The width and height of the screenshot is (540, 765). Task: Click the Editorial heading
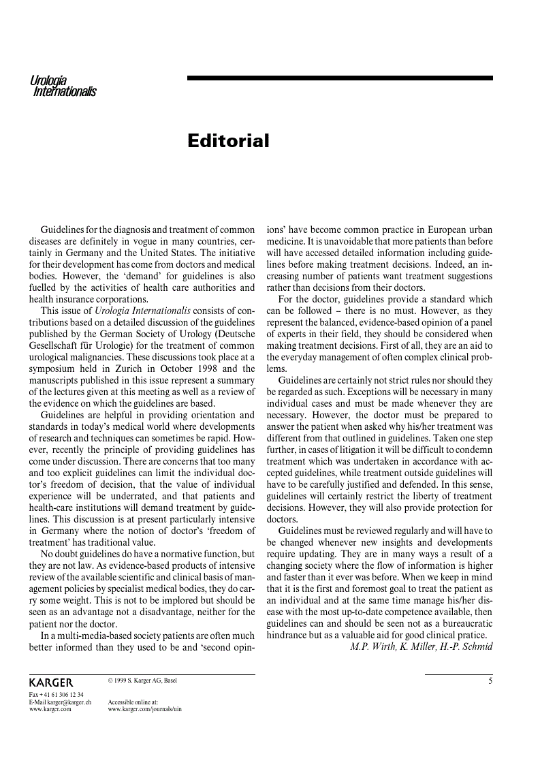[228, 141]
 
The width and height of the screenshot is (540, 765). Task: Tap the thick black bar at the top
[340, 78]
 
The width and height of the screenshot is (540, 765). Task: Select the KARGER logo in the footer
[51, 682]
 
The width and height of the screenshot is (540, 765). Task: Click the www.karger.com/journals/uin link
[144, 708]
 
